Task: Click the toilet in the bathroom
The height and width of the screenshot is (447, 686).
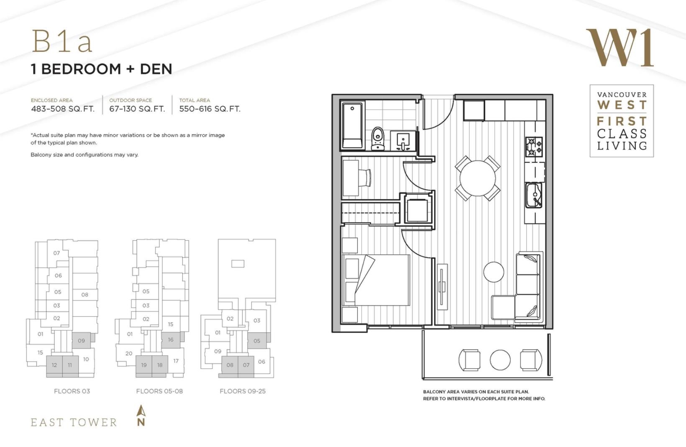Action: click(x=378, y=139)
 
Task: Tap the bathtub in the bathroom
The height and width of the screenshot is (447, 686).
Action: click(x=352, y=126)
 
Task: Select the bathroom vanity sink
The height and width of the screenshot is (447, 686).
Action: click(x=403, y=141)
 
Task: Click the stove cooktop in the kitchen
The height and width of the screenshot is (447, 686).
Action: click(x=534, y=147)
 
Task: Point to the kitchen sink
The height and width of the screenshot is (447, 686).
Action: click(x=534, y=195)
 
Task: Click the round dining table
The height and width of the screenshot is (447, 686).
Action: click(x=477, y=178)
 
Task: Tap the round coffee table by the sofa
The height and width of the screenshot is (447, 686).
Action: click(x=493, y=272)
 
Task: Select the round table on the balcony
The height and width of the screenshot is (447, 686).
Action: click(x=500, y=360)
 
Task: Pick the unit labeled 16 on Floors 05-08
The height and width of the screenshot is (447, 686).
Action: click(x=171, y=340)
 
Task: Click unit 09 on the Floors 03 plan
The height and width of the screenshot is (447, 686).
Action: click(x=82, y=340)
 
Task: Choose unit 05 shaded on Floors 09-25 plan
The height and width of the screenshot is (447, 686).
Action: click(x=257, y=341)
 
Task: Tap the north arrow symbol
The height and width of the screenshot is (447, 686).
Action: click(x=141, y=416)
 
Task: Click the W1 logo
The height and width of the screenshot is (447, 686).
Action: click(x=619, y=48)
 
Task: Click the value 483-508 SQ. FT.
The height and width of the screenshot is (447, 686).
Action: click(x=63, y=109)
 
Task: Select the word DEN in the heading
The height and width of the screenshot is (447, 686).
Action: click(x=156, y=69)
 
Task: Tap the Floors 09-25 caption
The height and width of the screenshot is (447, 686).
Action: click(x=243, y=391)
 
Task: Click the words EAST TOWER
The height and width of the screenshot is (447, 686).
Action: click(x=74, y=422)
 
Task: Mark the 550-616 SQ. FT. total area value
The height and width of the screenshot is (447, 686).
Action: click(x=210, y=109)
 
